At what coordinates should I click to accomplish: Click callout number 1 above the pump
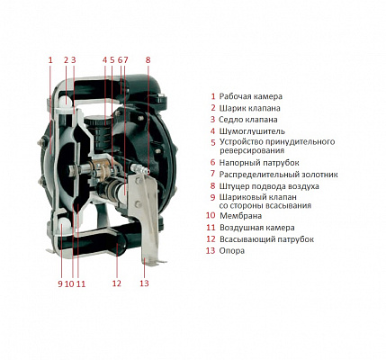pyautogui.click(x=50, y=60)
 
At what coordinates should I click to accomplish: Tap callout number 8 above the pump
pyautogui.click(x=148, y=60)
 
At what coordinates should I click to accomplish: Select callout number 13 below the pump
pyautogui.click(x=144, y=283)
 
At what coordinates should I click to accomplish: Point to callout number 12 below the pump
pyautogui.click(x=117, y=283)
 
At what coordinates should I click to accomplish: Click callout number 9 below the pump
pyautogui.click(x=60, y=283)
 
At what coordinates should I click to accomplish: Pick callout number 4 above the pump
pyautogui.click(x=104, y=60)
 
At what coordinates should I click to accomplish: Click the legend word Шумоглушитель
pyautogui.click(x=252, y=131)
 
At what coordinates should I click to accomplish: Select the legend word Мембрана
pyautogui.click(x=240, y=216)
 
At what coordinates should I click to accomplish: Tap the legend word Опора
pyautogui.click(x=232, y=251)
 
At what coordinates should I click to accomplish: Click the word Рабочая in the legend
pyautogui.click(x=235, y=96)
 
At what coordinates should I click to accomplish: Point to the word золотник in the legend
pyautogui.click(x=319, y=175)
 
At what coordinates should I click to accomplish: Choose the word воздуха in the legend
pyautogui.click(x=302, y=186)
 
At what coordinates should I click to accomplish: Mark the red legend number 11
pyautogui.click(x=211, y=228)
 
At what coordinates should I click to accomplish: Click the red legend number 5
pyautogui.click(x=213, y=142)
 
